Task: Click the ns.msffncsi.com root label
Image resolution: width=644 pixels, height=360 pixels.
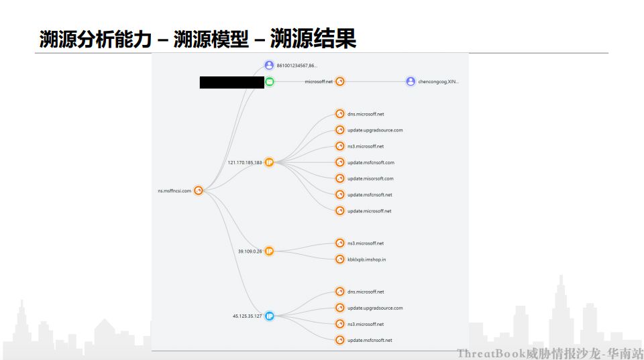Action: click(174, 191)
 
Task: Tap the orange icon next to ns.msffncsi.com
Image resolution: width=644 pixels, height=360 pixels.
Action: click(199, 191)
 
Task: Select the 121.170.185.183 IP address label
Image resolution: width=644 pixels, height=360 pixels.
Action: click(245, 162)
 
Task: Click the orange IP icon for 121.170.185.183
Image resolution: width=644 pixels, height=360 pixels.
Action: click(269, 162)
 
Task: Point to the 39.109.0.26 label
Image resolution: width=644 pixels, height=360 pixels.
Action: click(250, 251)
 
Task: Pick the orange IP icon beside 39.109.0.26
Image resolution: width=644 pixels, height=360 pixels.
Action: click(269, 251)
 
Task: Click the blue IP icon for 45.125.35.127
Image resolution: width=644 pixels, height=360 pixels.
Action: click(269, 316)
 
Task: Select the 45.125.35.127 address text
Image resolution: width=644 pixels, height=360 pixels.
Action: click(247, 316)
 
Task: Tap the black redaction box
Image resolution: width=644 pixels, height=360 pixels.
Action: click(231, 82)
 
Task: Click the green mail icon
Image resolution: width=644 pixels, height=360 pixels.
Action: click(269, 82)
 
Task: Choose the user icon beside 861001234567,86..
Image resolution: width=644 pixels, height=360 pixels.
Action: click(269, 65)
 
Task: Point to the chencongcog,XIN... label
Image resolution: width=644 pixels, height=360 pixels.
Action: click(438, 82)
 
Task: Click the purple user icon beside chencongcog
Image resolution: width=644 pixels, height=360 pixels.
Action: click(411, 82)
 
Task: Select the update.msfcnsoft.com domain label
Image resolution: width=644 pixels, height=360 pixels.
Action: click(370, 162)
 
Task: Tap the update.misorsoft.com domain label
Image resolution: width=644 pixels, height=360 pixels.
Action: click(370, 178)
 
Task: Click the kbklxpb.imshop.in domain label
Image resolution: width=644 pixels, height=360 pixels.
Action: click(366, 259)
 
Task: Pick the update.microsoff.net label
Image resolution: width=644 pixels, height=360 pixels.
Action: click(369, 211)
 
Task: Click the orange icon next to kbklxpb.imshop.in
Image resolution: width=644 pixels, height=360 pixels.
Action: click(340, 259)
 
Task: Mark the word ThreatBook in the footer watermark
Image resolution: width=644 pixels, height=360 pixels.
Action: click(491, 353)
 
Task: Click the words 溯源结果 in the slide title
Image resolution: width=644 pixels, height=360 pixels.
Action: click(313, 39)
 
